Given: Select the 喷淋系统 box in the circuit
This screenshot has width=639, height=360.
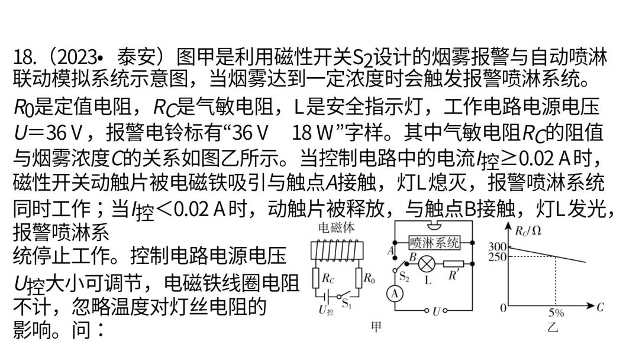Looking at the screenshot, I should (x=435, y=242).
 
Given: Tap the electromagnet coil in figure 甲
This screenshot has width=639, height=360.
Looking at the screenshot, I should (x=335, y=251).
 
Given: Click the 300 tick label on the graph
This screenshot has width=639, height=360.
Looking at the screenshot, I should (x=498, y=247).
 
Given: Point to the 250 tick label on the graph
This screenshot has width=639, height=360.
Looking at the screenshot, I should (x=498, y=256).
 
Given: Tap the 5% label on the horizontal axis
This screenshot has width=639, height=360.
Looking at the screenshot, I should (x=556, y=312).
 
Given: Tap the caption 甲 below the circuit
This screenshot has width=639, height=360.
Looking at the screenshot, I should (x=376, y=327).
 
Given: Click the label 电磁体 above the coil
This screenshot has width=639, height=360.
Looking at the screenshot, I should (x=337, y=227).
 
